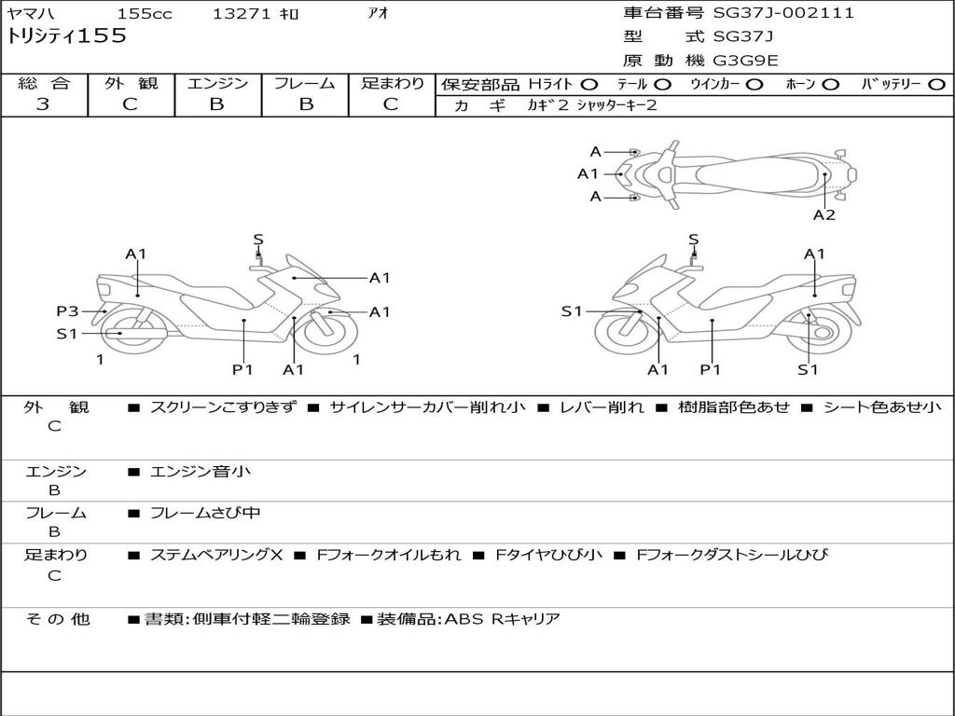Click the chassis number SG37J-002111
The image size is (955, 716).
coord(783,13)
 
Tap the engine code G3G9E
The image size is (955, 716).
coord(746,61)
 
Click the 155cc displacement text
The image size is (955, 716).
coord(145,14)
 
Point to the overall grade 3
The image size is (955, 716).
coord(43,104)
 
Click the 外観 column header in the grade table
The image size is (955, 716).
coord(131,83)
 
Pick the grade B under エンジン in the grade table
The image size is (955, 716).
coord(216,104)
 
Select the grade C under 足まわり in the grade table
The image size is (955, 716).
coord(391,104)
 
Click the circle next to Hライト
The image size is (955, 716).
coord(589,85)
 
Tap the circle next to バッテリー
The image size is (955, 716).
coord(936,85)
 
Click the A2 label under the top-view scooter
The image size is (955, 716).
coord(824,215)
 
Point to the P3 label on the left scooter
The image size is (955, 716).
coord(67,311)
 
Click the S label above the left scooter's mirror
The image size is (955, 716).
coord(258,240)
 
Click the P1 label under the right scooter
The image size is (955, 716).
coord(712,369)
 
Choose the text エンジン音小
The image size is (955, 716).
coord(201,472)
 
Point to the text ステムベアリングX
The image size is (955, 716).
coord(216,555)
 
